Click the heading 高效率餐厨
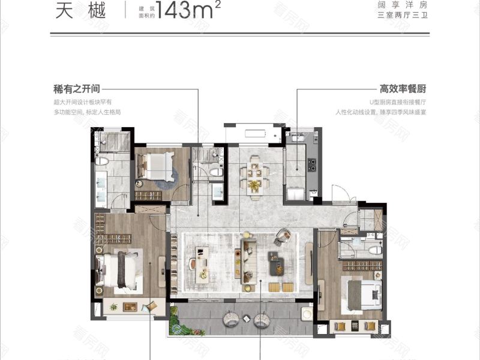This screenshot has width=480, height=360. pyautogui.click(x=411, y=89)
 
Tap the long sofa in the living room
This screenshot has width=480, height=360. pyautogui.click(x=248, y=264)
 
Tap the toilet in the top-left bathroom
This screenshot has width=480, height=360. pyautogui.click(x=102, y=161)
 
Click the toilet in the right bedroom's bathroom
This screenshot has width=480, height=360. pyautogui.click(x=374, y=250)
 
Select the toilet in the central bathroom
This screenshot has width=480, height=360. pyautogui.click(x=215, y=172)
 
